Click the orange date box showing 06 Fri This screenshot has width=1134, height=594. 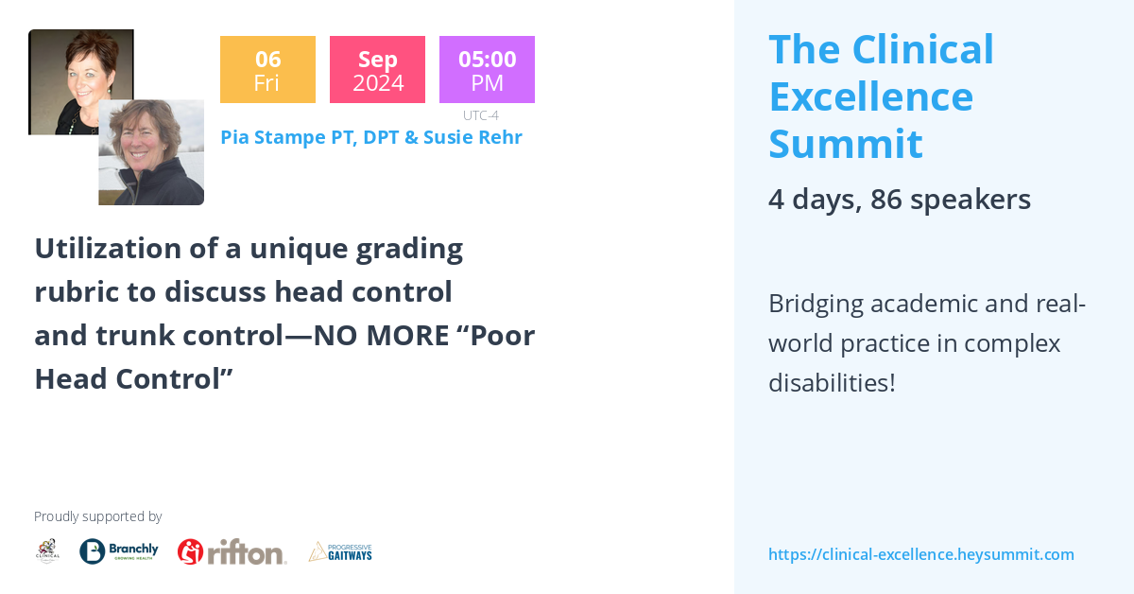click(267, 69)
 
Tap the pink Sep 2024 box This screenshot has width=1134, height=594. click(377, 69)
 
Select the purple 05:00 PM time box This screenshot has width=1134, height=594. click(487, 69)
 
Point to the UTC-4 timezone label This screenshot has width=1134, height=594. click(480, 115)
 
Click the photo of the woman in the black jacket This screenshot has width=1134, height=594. click(151, 153)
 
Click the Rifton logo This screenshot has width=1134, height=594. click(232, 551)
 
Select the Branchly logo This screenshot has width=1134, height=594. click(119, 551)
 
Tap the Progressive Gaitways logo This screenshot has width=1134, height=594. click(340, 551)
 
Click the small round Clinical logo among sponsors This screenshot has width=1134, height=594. click(47, 551)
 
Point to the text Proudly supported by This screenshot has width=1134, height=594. click(97, 516)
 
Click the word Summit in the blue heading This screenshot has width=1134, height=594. click(845, 144)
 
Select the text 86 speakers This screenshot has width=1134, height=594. click(950, 200)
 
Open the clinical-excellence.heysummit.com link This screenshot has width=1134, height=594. click(920, 555)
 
